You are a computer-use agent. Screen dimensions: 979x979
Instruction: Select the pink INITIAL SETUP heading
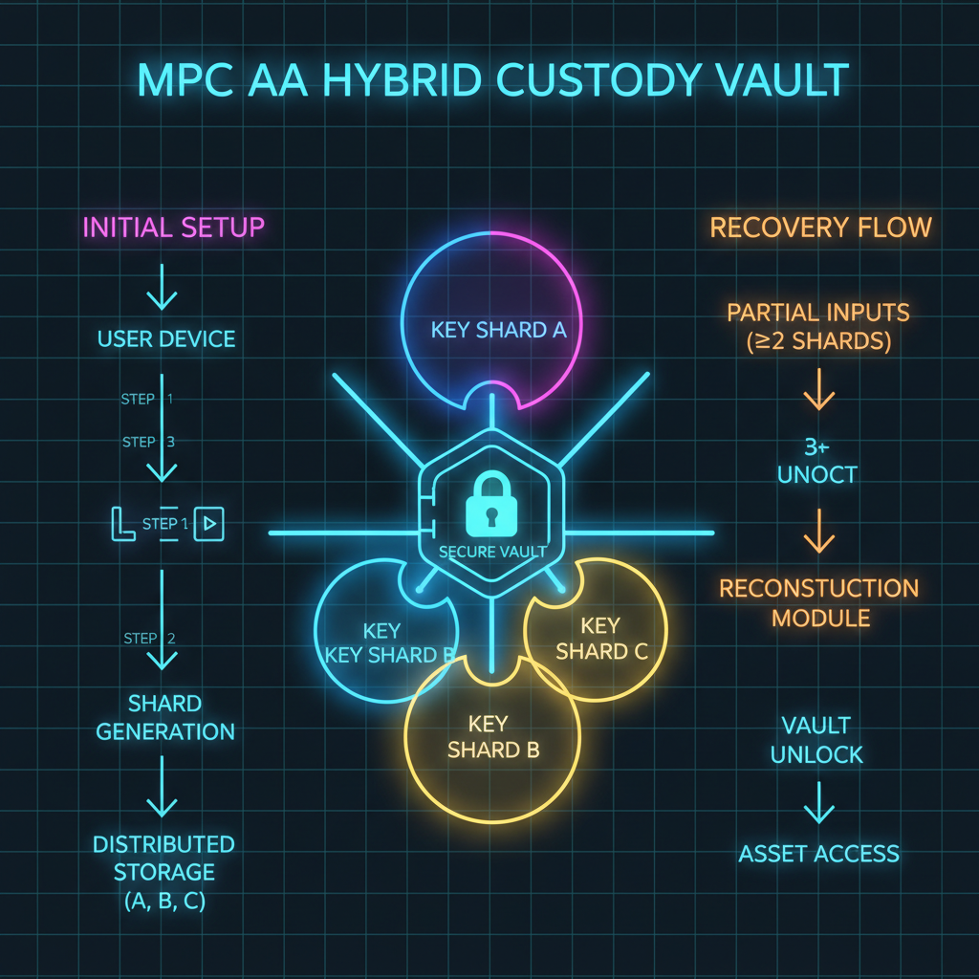[173, 228]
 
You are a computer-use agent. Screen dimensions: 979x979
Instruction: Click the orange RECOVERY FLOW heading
[819, 228]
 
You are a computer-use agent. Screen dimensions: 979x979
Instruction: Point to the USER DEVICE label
[165, 339]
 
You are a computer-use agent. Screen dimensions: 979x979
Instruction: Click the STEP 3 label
[148, 442]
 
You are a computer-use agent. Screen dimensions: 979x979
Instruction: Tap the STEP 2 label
[148, 638]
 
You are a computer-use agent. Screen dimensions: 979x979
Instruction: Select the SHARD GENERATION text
[165, 718]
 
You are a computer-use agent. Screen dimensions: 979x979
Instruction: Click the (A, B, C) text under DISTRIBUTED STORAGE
[163, 900]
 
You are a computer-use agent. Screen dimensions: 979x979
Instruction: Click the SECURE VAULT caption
[491, 552]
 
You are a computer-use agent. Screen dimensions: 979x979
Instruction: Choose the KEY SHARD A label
[499, 331]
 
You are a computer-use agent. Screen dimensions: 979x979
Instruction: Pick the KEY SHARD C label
[601, 639]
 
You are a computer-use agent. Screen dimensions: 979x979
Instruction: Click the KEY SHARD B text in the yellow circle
[492, 736]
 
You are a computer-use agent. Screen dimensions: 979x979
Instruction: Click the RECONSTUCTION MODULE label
[819, 602]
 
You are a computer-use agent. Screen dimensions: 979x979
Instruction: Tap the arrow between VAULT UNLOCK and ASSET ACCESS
[819, 803]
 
